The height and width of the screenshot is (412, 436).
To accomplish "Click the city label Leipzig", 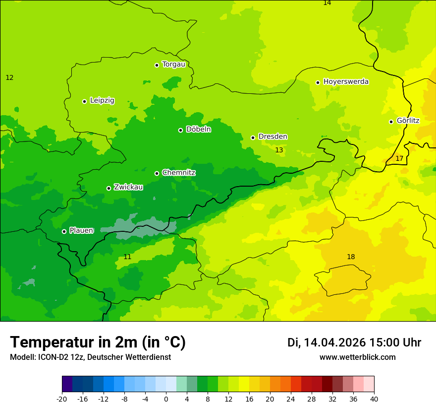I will pyautogui.click(x=102, y=101).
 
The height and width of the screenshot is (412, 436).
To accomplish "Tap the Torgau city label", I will pyautogui.click(x=173, y=65).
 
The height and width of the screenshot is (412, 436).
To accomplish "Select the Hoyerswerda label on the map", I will pyautogui.click(x=346, y=82).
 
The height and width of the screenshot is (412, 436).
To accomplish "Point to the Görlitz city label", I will pyautogui.click(x=408, y=121).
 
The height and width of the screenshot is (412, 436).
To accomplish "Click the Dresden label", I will pyautogui.click(x=272, y=137).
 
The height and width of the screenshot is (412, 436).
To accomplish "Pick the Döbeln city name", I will pyautogui.click(x=198, y=130).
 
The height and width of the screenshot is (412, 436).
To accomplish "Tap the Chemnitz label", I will pyautogui.click(x=178, y=173).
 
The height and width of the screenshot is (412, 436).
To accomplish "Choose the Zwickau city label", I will pyautogui.click(x=128, y=187).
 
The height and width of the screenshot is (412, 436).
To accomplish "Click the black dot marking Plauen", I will pyautogui.click(x=64, y=231).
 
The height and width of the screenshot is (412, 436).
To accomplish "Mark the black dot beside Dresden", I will pyautogui.click(x=253, y=137).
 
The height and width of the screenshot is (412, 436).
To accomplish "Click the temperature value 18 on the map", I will pyautogui.click(x=351, y=257).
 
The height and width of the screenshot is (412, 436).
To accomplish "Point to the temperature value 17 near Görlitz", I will pyautogui.click(x=399, y=159).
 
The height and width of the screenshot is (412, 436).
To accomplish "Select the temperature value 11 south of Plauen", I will pyautogui.click(x=127, y=257).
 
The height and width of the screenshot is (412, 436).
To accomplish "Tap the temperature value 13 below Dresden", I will pyautogui.click(x=279, y=150).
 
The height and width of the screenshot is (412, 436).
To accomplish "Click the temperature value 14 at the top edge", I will pyautogui.click(x=327, y=3).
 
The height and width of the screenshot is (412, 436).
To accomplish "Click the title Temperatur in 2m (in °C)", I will pyautogui.click(x=98, y=343).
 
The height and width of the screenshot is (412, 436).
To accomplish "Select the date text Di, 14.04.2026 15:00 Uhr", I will pyautogui.click(x=354, y=343).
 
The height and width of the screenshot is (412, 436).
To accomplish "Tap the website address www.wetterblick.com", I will pyautogui.click(x=357, y=357).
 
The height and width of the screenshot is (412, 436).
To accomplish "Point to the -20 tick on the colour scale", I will pyautogui.click(x=62, y=399).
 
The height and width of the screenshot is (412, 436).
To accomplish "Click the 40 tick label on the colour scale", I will pyautogui.click(x=374, y=399).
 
